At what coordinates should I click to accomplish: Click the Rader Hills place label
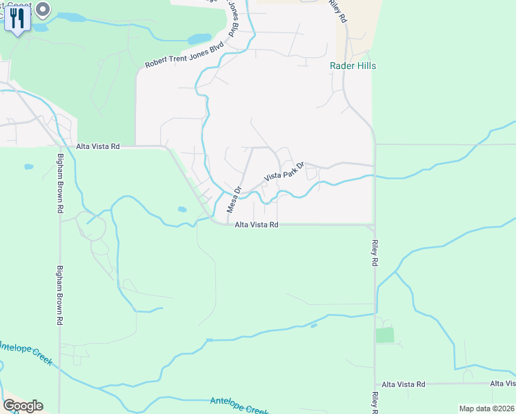click(x=352, y=66)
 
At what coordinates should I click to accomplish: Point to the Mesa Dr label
click(x=233, y=200)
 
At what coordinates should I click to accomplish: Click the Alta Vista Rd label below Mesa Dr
click(x=256, y=225)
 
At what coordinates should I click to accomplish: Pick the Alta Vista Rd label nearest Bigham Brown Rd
click(x=98, y=146)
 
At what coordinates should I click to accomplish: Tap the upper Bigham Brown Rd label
click(x=60, y=188)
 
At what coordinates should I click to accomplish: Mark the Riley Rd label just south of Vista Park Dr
click(x=375, y=253)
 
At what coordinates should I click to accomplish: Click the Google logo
click(x=23, y=406)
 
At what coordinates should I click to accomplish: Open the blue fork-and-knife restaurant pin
click(x=17, y=19)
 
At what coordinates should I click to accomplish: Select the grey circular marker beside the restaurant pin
click(x=43, y=10)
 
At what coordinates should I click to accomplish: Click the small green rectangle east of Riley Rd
click(x=385, y=335)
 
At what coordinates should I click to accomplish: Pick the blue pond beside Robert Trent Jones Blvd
click(x=199, y=39)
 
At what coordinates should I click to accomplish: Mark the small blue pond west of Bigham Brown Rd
click(x=28, y=166)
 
